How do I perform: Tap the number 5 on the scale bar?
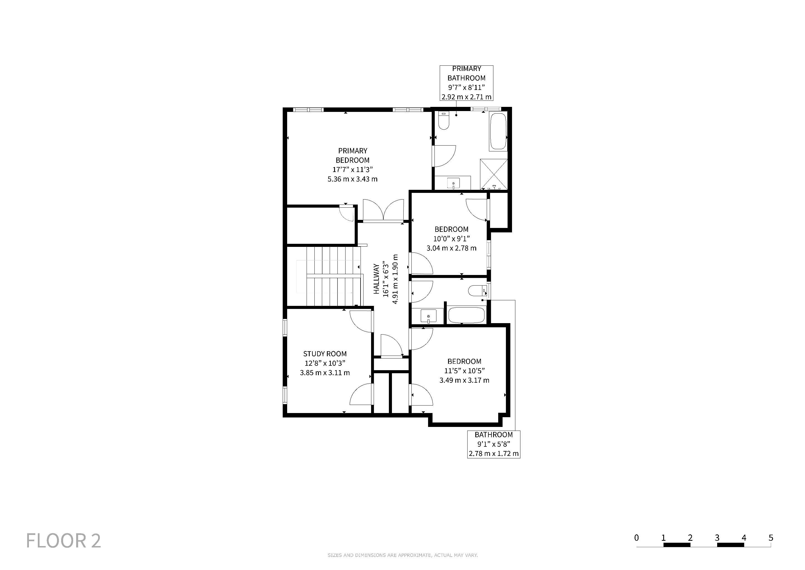771,537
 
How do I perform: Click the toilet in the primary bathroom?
444,121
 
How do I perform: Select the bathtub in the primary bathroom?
498,131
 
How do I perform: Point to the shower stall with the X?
494,174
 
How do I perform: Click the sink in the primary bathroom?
453,183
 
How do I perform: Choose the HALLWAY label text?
376,279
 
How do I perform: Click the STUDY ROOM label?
325,354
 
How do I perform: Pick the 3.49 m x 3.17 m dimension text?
464,380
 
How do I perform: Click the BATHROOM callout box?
494,444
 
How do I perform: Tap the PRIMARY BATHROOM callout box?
467,83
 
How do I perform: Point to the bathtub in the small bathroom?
467,315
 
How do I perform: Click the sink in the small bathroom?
428,316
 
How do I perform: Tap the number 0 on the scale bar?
636,537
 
